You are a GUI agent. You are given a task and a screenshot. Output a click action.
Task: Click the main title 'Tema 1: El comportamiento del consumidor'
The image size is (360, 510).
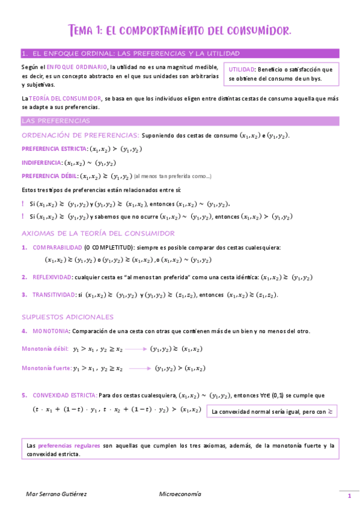tap(180, 30)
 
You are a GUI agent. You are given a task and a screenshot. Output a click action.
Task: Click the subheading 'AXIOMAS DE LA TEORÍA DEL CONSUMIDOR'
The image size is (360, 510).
tap(98, 233)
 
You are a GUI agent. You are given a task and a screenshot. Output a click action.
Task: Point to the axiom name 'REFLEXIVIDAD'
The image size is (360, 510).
tap(52, 277)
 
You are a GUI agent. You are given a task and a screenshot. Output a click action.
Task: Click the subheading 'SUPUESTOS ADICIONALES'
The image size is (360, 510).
tap(67, 317)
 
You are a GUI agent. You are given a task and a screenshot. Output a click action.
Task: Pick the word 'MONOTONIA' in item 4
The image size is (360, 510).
tap(51, 331)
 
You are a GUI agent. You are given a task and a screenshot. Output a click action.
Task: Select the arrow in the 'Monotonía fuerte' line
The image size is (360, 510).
tap(140, 369)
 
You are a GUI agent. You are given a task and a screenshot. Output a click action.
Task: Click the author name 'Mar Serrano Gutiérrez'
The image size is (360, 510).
tap(56, 494)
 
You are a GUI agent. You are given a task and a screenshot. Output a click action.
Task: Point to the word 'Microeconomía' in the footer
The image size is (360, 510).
tap(180, 494)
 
